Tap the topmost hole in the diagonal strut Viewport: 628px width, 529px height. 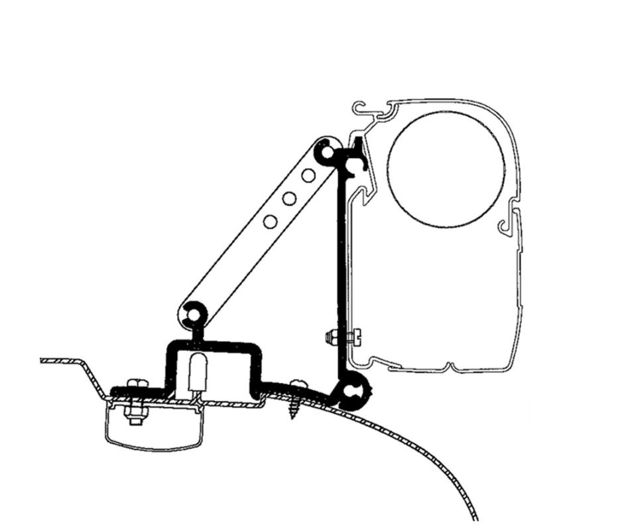click(308, 175)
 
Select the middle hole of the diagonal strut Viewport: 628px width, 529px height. click(288, 198)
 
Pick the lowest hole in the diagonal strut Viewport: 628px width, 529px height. click(269, 221)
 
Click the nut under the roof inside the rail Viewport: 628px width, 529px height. click(136, 418)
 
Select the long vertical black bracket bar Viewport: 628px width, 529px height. click(342, 265)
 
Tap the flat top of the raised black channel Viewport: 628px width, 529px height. click(211, 346)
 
